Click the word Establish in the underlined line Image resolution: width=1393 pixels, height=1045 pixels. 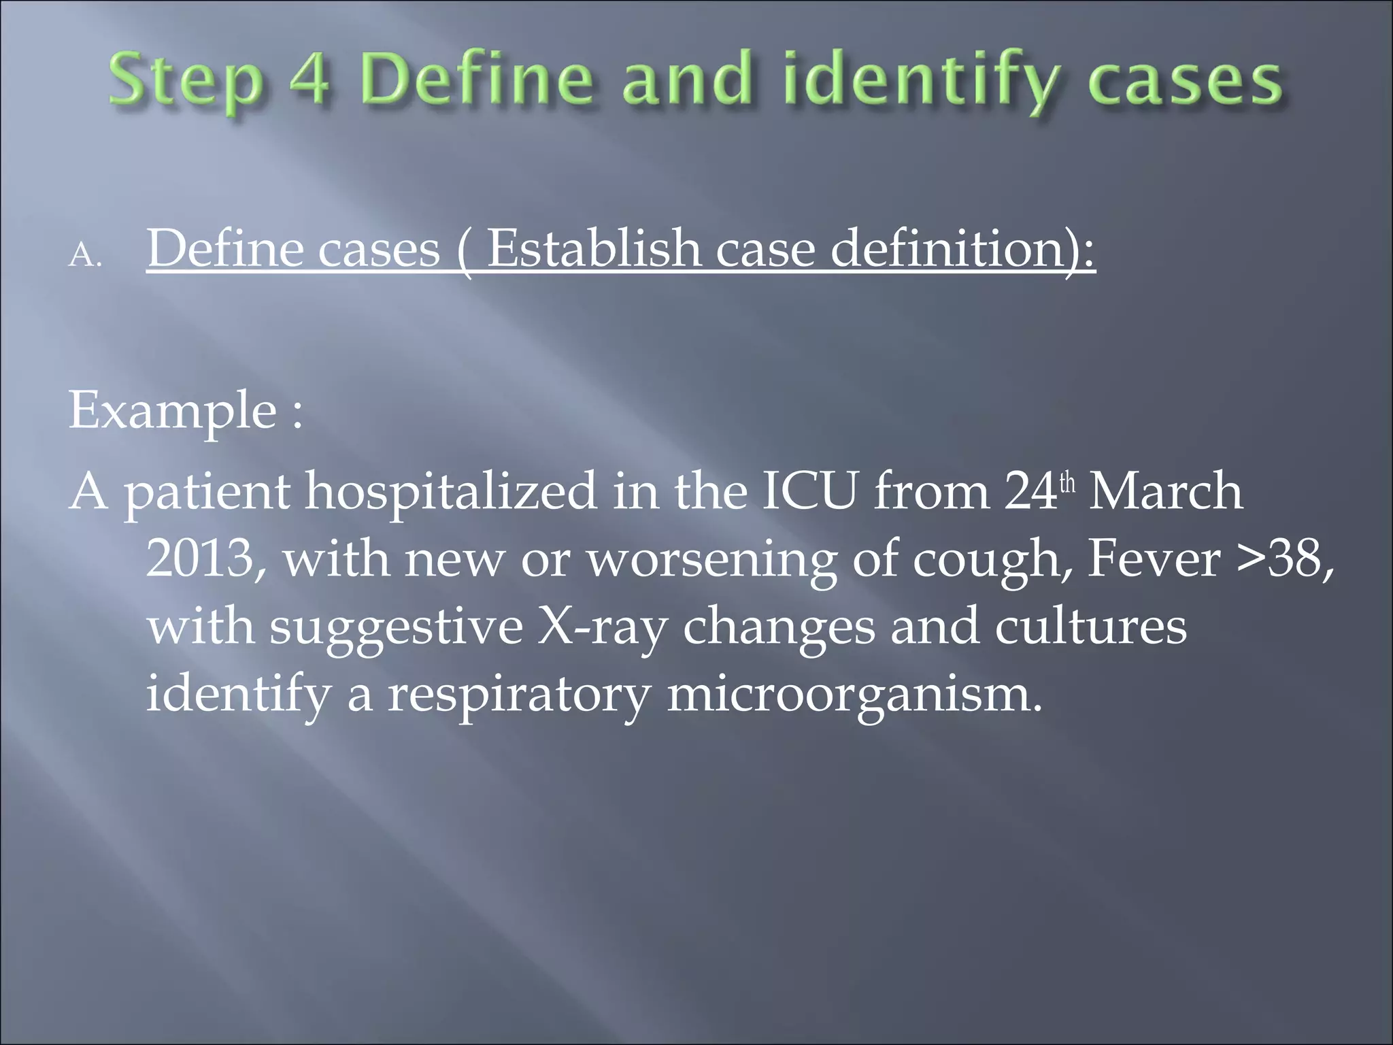[593, 248]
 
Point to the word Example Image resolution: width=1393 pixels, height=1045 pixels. [173, 411]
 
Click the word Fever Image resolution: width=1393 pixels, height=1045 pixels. [1154, 559]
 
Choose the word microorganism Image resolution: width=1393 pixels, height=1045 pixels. [853, 695]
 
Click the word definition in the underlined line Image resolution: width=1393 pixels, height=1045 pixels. [962, 248]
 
